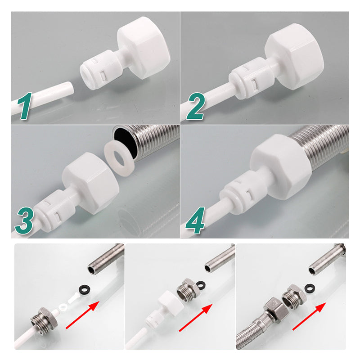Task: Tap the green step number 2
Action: click(x=196, y=106)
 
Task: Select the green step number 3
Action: click(x=25, y=220)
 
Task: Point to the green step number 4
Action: click(x=195, y=220)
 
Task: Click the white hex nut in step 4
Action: click(x=280, y=166)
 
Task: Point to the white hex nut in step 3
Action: click(x=91, y=183)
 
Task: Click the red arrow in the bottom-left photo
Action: click(x=82, y=315)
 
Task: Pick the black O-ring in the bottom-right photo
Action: click(x=310, y=288)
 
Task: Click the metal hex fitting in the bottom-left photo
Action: click(x=43, y=319)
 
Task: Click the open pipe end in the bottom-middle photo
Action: click(x=208, y=268)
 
